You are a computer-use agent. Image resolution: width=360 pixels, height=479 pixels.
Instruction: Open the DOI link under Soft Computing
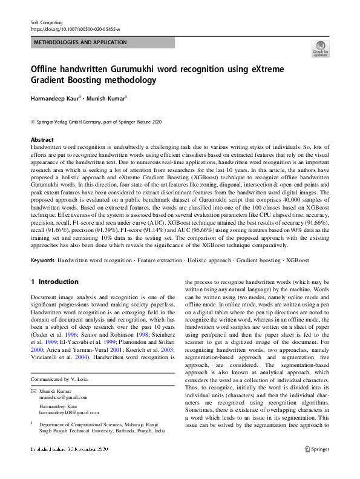click(x=75, y=29)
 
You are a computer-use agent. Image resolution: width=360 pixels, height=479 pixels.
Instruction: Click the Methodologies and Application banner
click(x=80, y=42)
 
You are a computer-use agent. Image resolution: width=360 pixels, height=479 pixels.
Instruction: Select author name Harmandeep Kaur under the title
click(x=58, y=97)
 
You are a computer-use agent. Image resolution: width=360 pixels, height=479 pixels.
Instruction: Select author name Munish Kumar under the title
click(x=106, y=97)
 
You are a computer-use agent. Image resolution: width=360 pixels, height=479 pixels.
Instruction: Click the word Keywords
click(x=42, y=260)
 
